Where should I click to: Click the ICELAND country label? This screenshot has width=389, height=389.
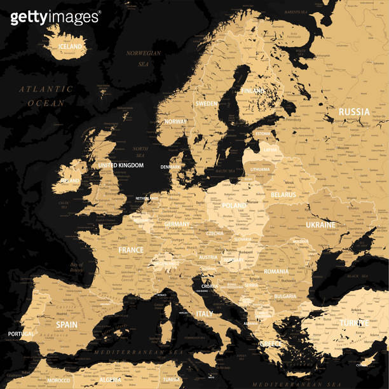click(70, 46)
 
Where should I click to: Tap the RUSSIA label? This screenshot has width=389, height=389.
click(353, 112)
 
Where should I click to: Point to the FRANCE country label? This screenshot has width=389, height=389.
click(131, 250)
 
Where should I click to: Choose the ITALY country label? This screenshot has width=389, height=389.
click(205, 314)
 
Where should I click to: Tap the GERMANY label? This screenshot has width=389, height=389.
click(177, 224)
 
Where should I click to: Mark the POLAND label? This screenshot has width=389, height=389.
click(234, 206)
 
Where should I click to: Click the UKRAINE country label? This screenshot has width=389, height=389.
click(320, 225)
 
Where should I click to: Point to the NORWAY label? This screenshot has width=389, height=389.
click(175, 121)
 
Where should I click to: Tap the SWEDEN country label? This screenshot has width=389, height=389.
click(207, 103)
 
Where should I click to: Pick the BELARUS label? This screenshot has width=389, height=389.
click(283, 194)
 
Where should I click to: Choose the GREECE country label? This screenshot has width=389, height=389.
click(270, 344)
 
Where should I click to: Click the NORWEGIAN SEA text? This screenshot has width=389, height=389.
click(144, 58)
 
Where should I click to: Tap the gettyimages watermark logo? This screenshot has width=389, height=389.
click(55, 17)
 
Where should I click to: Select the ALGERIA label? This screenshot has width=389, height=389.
click(111, 380)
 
